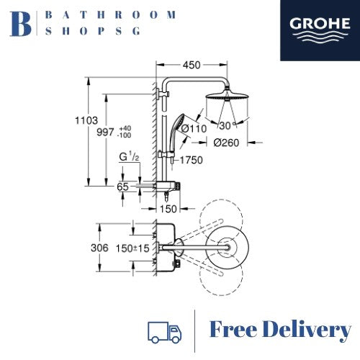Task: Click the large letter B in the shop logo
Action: tap(20, 24)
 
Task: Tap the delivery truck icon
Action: tap(165, 333)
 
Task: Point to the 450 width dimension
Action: tap(192, 65)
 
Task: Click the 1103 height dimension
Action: tap(86, 120)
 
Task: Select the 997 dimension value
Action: tap(105, 132)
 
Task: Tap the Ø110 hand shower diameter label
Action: tap(194, 129)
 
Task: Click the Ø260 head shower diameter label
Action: tap(226, 143)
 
